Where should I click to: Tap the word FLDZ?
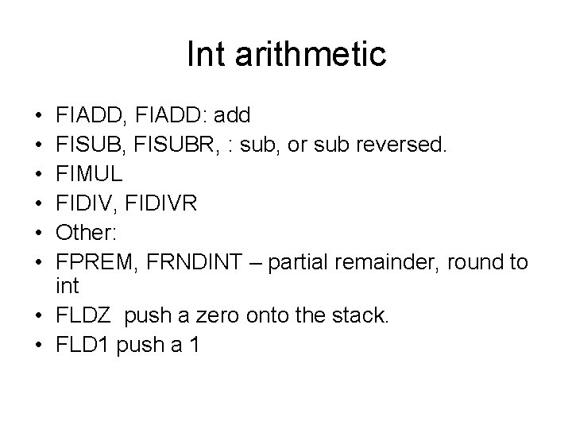pos(84,316)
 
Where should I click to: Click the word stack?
pos(360,316)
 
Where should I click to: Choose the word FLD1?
pos(84,346)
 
